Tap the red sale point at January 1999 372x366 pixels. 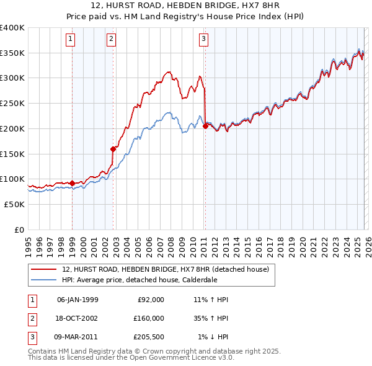pyautogui.click(x=72, y=183)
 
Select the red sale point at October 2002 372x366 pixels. pyautogui.click(x=113, y=149)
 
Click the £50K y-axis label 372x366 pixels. pyautogui.click(x=15, y=204)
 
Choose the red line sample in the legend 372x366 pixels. pyautogui.click(x=44, y=269)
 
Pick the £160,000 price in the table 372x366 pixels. pyautogui.click(x=149, y=318)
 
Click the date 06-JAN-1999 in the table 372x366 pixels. pyautogui.click(x=77, y=300)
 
